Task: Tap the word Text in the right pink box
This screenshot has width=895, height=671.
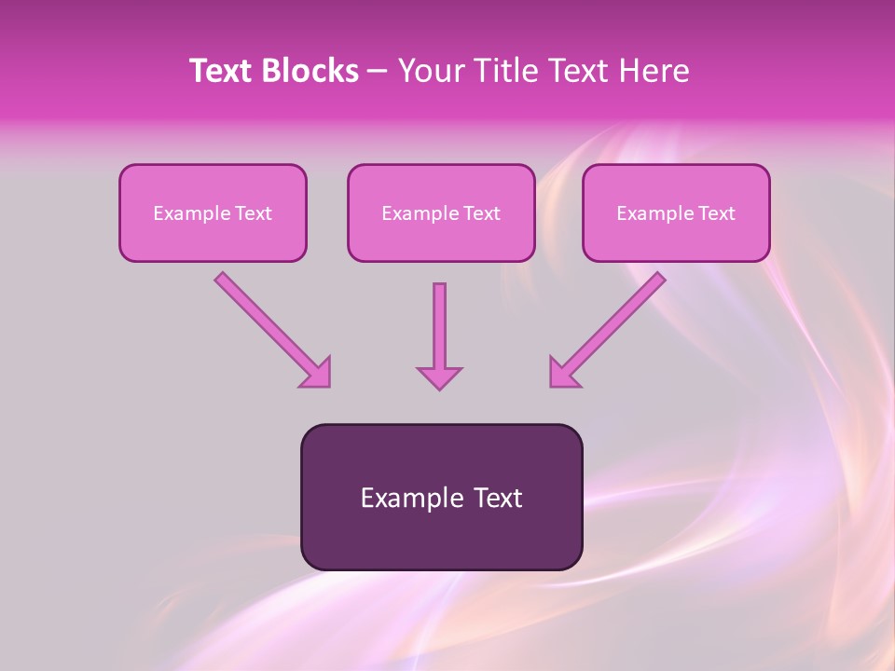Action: (717, 213)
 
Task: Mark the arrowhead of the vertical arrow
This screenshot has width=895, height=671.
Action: (439, 377)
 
